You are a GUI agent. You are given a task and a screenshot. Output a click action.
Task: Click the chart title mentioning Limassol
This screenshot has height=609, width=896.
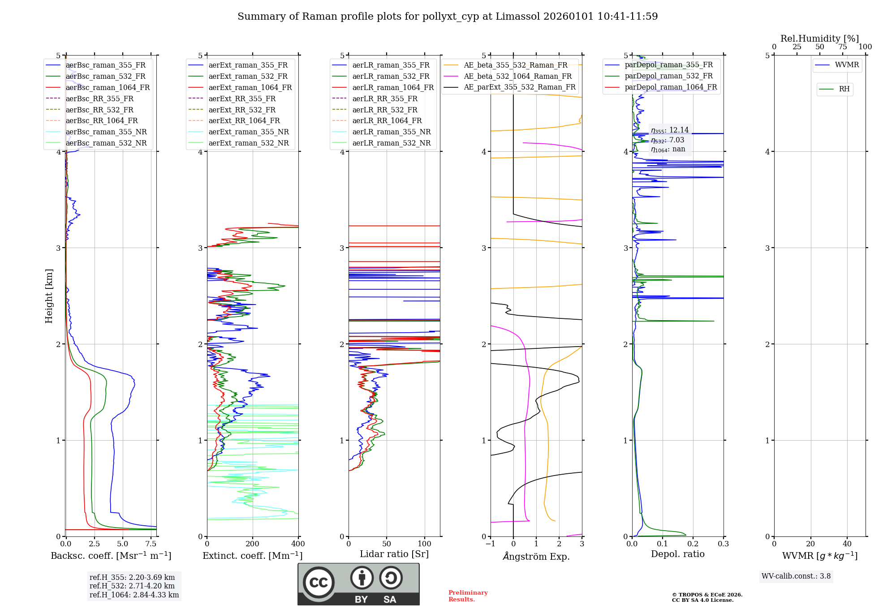click(x=448, y=17)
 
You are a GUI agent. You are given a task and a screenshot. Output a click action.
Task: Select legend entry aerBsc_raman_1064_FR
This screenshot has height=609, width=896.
click(x=108, y=87)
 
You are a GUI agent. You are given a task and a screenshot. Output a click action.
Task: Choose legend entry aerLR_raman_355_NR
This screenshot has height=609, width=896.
click(x=391, y=132)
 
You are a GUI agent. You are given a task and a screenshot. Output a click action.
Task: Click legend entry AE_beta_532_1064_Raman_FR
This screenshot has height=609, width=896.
click(x=517, y=76)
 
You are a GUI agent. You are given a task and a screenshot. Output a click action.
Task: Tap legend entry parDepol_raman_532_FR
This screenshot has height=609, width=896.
click(x=668, y=76)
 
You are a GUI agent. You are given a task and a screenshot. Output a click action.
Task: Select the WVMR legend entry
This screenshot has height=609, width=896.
click(x=847, y=65)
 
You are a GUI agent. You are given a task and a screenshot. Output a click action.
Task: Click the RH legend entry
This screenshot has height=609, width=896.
click(x=844, y=89)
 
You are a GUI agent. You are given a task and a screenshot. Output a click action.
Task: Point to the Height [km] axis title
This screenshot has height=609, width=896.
click(x=49, y=296)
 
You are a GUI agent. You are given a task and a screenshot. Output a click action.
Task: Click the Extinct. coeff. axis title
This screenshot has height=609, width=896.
click(x=253, y=556)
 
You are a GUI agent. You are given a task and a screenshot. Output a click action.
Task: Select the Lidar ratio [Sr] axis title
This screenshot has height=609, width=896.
click(x=394, y=554)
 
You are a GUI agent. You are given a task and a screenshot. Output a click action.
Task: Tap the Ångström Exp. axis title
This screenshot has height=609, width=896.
click(x=536, y=556)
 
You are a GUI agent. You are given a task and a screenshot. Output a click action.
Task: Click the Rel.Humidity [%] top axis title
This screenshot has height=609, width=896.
click(x=819, y=39)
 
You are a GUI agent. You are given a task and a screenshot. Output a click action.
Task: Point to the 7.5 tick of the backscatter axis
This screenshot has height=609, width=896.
click(x=151, y=544)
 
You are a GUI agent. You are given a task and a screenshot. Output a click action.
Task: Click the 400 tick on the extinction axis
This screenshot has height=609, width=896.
click(x=298, y=544)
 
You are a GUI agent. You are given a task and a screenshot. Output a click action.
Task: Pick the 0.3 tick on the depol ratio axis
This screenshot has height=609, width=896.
click(x=723, y=544)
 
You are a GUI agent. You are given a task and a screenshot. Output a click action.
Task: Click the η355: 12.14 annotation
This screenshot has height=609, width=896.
click(x=670, y=130)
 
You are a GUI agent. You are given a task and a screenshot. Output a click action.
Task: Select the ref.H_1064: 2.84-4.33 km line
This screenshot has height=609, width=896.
click(x=134, y=595)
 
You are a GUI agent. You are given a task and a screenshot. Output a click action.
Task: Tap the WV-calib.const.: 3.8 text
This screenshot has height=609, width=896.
click(x=796, y=576)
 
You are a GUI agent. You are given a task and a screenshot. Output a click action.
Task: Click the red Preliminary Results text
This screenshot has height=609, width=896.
click(x=468, y=596)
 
